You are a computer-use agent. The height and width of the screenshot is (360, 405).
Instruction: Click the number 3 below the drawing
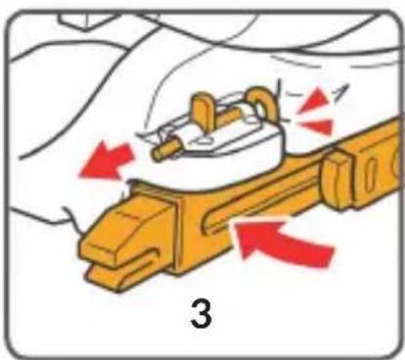(x=202, y=313)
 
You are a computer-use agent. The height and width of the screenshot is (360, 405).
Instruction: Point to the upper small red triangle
(x=315, y=101)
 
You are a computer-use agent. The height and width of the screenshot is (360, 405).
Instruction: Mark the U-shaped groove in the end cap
(x=137, y=257)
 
